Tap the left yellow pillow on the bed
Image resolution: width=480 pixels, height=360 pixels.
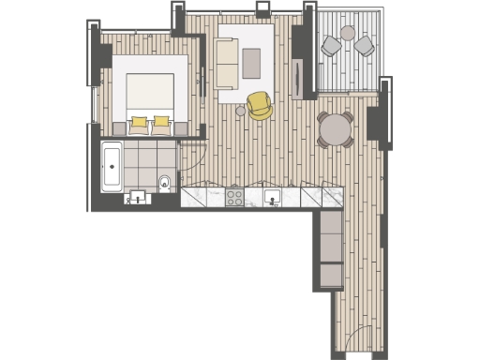point(140,121)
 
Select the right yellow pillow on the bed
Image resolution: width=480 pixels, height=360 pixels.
point(161,121)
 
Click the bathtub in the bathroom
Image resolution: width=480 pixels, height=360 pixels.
point(112,168)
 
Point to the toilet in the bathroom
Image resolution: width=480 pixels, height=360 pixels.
point(164,181)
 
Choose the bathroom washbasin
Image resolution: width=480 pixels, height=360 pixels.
point(139,197)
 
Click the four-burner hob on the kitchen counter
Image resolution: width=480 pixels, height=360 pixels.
point(234,197)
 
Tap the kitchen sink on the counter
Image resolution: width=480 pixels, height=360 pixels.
point(274,197)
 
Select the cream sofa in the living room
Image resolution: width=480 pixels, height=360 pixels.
point(226,64)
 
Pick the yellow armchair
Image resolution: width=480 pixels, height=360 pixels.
point(260,105)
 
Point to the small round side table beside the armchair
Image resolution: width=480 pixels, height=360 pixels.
point(240,111)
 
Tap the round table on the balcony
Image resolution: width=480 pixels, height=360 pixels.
point(348,34)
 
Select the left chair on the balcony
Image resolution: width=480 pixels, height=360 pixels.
point(331,45)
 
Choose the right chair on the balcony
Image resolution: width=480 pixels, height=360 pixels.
point(363,45)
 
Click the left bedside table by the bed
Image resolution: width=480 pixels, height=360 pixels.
point(118,127)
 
